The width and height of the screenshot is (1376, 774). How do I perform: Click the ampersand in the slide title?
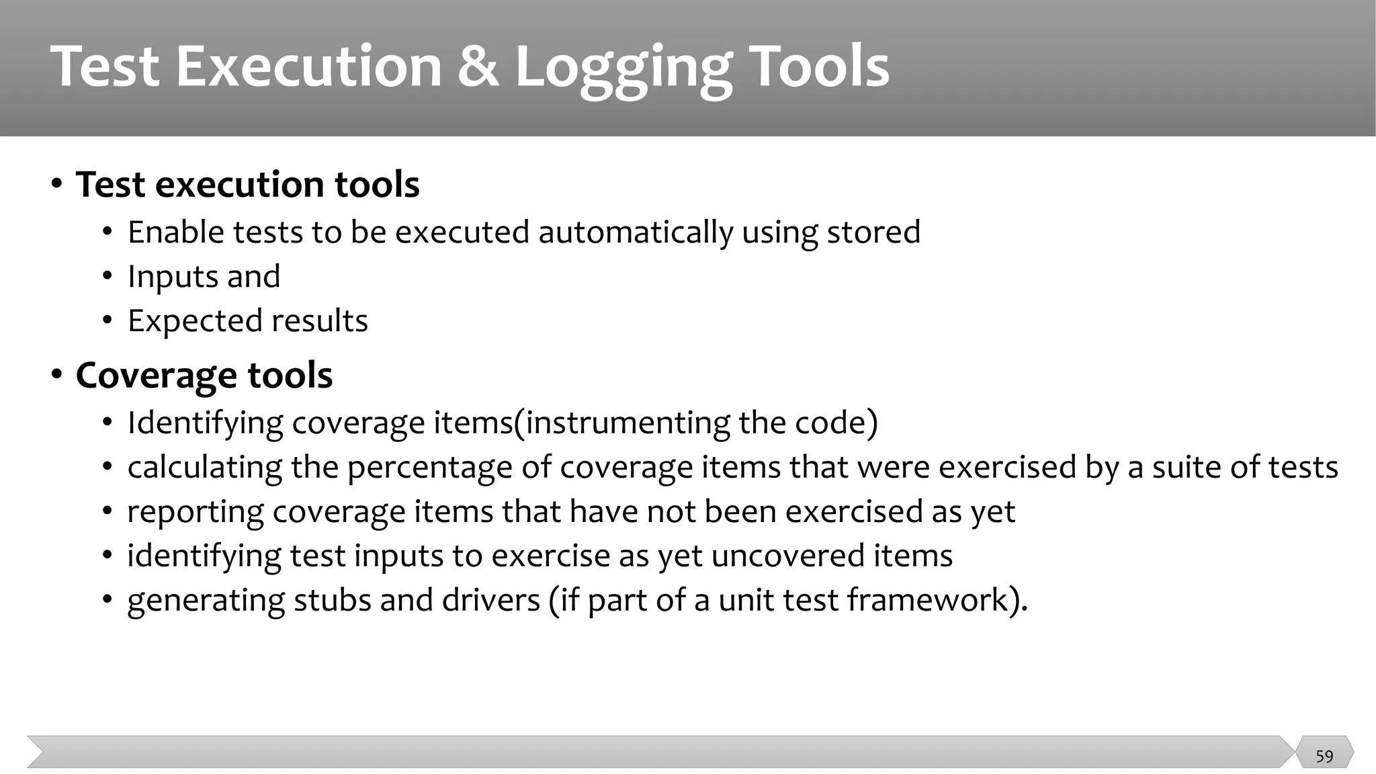point(478,67)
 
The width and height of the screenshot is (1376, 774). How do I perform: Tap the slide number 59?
point(1324,757)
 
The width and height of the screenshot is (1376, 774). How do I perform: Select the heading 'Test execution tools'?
point(247,184)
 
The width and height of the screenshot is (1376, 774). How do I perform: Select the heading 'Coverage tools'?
point(204,375)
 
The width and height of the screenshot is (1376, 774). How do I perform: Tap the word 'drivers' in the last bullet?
point(490,600)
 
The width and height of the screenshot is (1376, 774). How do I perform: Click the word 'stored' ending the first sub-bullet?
point(873,232)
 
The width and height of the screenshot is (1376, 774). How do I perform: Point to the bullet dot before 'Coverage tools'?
point(57,374)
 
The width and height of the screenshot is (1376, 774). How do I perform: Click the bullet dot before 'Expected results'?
point(107,320)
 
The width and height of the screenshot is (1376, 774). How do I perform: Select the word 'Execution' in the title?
point(308,67)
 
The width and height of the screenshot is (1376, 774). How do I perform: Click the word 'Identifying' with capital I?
point(205,423)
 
